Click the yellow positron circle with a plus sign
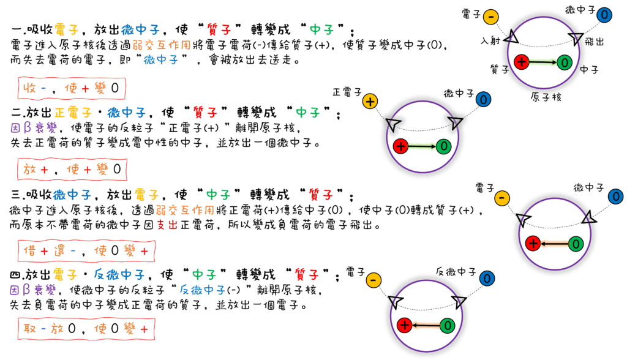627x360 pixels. (370, 102)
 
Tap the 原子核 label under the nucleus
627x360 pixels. (547, 97)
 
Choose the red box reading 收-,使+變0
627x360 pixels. (73, 89)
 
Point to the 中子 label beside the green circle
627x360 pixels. (588, 69)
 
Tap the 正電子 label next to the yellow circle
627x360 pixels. (345, 92)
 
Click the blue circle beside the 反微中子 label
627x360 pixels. (487, 279)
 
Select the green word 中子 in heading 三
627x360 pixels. (219, 195)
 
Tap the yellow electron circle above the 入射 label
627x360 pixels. (492, 17)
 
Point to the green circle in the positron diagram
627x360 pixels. (443, 146)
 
